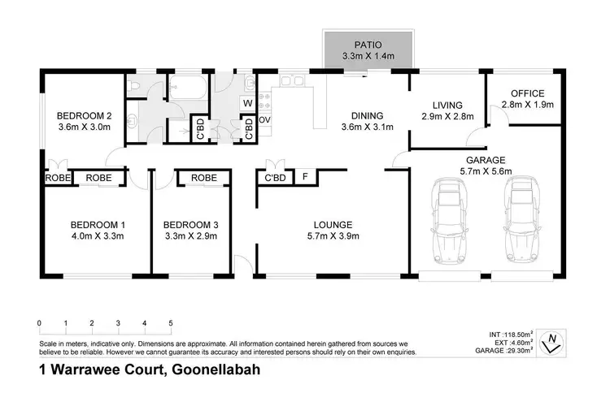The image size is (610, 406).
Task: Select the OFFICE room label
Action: coord(527,93)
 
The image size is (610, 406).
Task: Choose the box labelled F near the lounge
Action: coord(305,177)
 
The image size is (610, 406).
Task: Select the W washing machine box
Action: coord(248,103)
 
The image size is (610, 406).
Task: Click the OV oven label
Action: coord(264,120)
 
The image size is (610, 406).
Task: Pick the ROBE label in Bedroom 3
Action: coord(203,178)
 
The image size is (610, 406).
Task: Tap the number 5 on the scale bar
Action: coord(171,323)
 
